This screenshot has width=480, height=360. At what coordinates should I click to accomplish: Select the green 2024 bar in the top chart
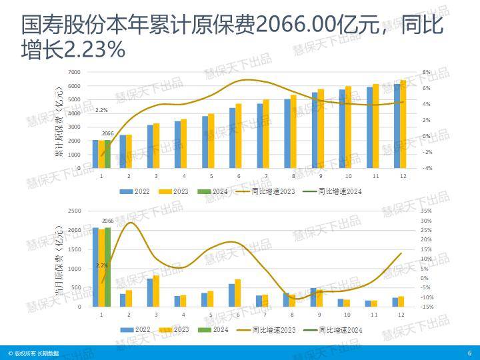108,153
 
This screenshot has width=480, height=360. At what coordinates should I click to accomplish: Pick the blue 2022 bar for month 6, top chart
232,137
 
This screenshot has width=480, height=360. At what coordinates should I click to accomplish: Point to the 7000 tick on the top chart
74,72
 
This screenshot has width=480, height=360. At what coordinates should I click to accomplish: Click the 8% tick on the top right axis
426,72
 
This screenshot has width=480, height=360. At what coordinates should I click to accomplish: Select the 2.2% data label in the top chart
101,110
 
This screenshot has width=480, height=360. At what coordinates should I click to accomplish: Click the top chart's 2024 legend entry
217,191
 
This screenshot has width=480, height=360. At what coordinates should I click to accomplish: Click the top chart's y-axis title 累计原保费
59,120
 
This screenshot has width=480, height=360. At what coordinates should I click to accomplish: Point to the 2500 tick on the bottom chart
74,211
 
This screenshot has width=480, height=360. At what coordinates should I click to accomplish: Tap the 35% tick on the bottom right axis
426,211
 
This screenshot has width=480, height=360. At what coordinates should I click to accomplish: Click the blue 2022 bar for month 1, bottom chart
95,267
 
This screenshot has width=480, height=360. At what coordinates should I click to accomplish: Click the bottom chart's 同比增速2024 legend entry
335,329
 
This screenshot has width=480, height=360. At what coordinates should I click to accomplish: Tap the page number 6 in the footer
469,353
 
